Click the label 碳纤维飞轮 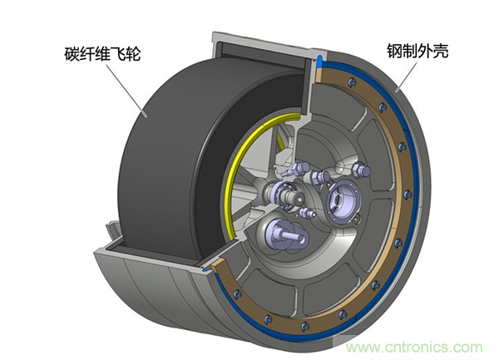point(102,53)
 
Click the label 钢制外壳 point(417,51)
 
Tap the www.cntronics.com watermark point(414,347)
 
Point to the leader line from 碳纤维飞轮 point(126,90)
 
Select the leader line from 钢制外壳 point(407,76)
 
